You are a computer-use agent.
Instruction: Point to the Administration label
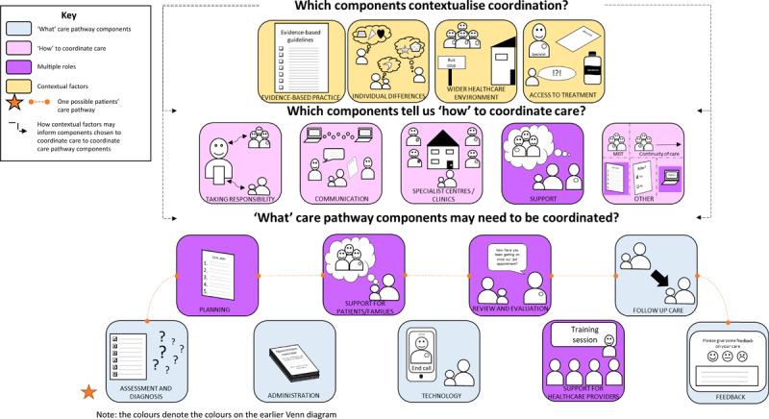click(x=293, y=394)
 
